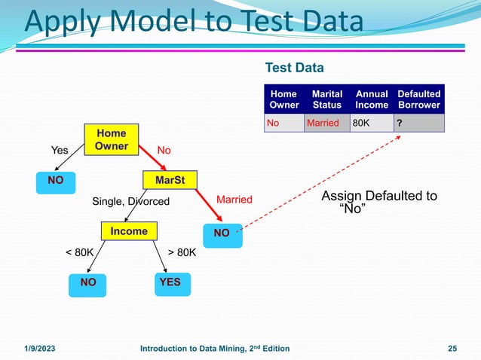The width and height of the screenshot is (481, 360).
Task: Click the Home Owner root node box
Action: (x=112, y=139)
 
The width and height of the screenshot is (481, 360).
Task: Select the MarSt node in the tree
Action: (x=170, y=181)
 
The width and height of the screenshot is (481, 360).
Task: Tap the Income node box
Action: (x=129, y=231)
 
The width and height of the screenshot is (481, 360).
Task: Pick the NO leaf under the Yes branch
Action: (x=55, y=181)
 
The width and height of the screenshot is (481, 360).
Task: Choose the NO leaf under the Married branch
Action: (x=222, y=233)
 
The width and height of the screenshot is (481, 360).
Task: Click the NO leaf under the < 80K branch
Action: (x=88, y=282)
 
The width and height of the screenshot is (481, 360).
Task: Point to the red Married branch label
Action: (x=234, y=200)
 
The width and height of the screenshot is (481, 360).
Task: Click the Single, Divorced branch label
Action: (x=131, y=201)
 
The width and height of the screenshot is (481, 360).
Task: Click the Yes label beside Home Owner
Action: (x=59, y=151)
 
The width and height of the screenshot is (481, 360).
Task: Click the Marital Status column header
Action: (x=327, y=99)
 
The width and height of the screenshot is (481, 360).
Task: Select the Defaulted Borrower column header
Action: (x=418, y=99)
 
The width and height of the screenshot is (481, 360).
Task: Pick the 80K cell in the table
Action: (x=361, y=124)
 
